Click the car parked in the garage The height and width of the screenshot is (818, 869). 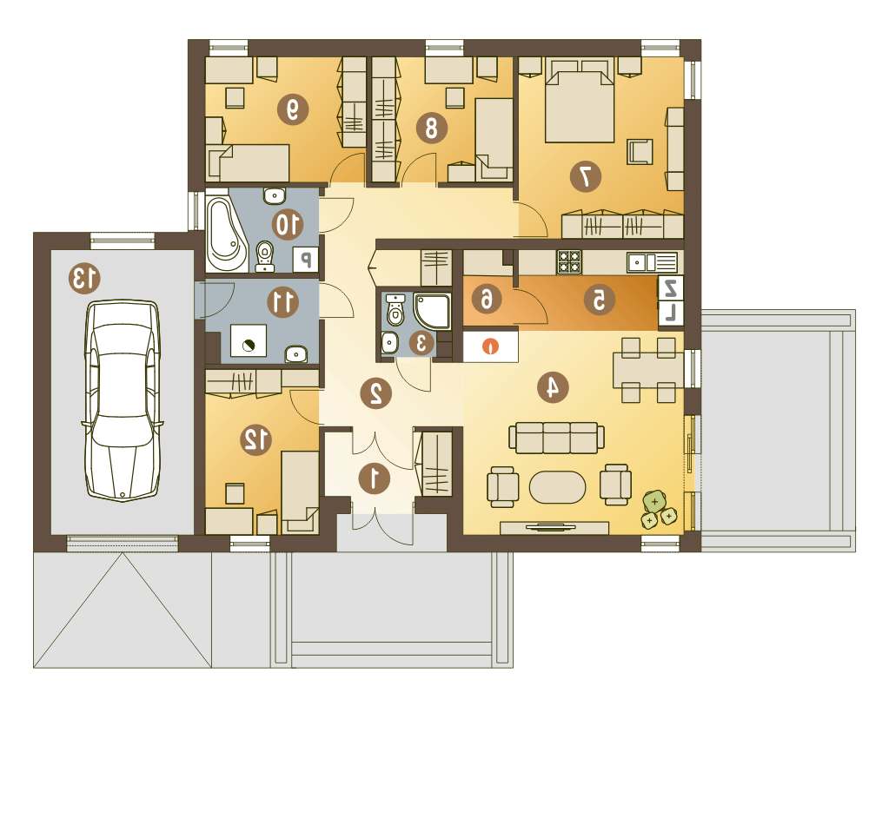pos(123,400)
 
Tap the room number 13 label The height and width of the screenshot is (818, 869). pos(85,278)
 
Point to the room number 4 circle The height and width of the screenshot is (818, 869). pos(553,386)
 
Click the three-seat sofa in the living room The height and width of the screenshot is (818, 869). pos(556,438)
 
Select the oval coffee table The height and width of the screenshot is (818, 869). pos(557,487)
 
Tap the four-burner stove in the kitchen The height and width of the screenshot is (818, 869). pos(569,262)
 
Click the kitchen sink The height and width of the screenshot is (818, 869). pos(652,262)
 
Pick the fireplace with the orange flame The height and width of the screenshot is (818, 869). pos(490,346)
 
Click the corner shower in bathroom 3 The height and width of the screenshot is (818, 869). pos(432,312)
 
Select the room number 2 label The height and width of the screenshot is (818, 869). pos(375,393)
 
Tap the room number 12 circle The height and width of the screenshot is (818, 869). pos(255,439)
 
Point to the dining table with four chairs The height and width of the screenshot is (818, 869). pos(648,370)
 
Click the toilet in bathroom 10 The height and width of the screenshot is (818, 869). pos(265,256)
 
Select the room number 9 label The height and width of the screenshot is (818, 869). pos(293,109)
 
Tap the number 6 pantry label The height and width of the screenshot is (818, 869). pos(486,300)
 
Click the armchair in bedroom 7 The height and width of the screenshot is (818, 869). pos(640,152)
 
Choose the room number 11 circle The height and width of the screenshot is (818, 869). pos(282,302)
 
